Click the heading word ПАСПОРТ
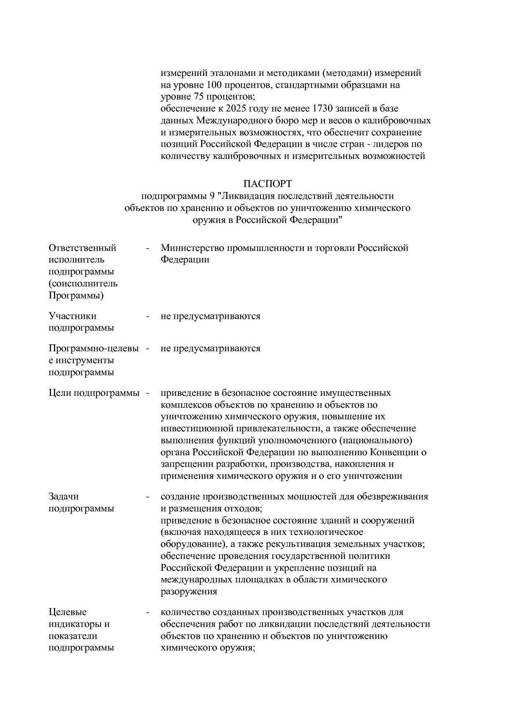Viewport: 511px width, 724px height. [x=267, y=183]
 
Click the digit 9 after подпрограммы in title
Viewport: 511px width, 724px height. [x=212, y=196]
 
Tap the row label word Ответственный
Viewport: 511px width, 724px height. [x=82, y=248]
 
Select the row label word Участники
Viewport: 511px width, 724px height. [x=73, y=316]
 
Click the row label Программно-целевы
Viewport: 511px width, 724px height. [x=94, y=348]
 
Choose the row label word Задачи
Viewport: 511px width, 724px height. [x=63, y=497]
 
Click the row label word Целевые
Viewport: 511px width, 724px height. [x=68, y=612]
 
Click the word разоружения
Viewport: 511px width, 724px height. [x=189, y=592]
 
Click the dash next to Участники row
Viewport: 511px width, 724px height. [x=147, y=316]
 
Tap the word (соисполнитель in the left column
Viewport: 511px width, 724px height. [x=83, y=284]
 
